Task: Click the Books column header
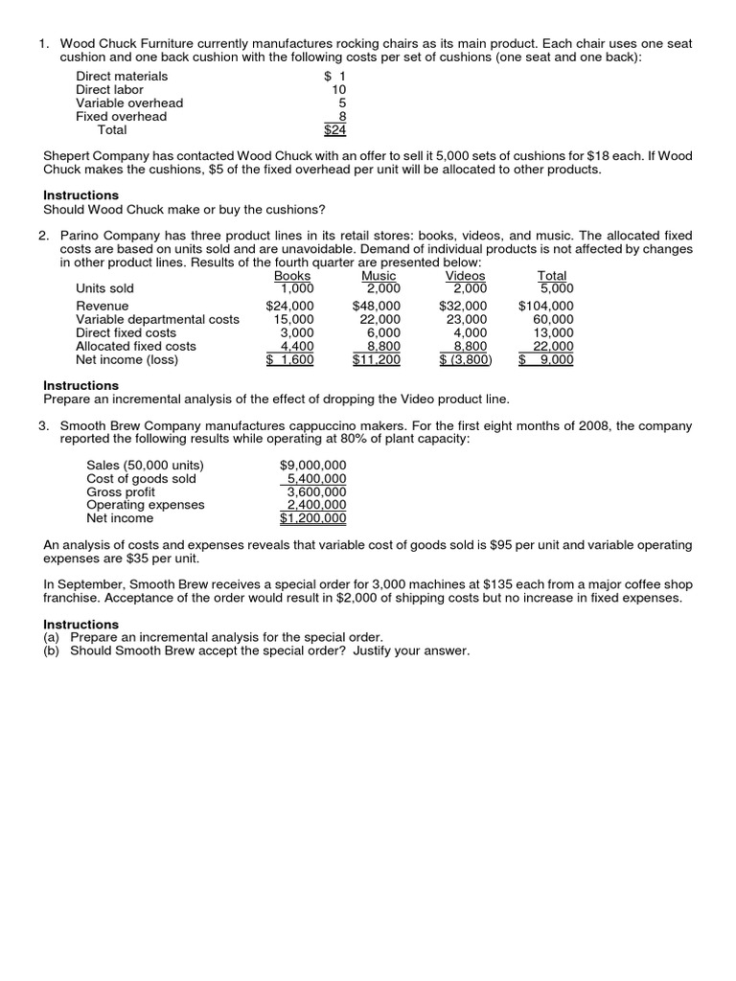(x=292, y=276)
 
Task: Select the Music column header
(x=379, y=276)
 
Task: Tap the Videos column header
(x=466, y=276)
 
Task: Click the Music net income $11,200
(x=377, y=360)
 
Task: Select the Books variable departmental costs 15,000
(x=293, y=319)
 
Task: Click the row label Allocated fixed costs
(x=135, y=346)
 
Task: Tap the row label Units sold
(x=104, y=288)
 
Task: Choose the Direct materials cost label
(x=122, y=76)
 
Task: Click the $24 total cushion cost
(x=334, y=130)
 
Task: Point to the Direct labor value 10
(x=338, y=89)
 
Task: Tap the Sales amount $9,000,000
(x=312, y=465)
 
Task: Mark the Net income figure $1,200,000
(x=312, y=518)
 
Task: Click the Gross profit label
(x=121, y=491)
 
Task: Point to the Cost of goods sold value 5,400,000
(x=317, y=478)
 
